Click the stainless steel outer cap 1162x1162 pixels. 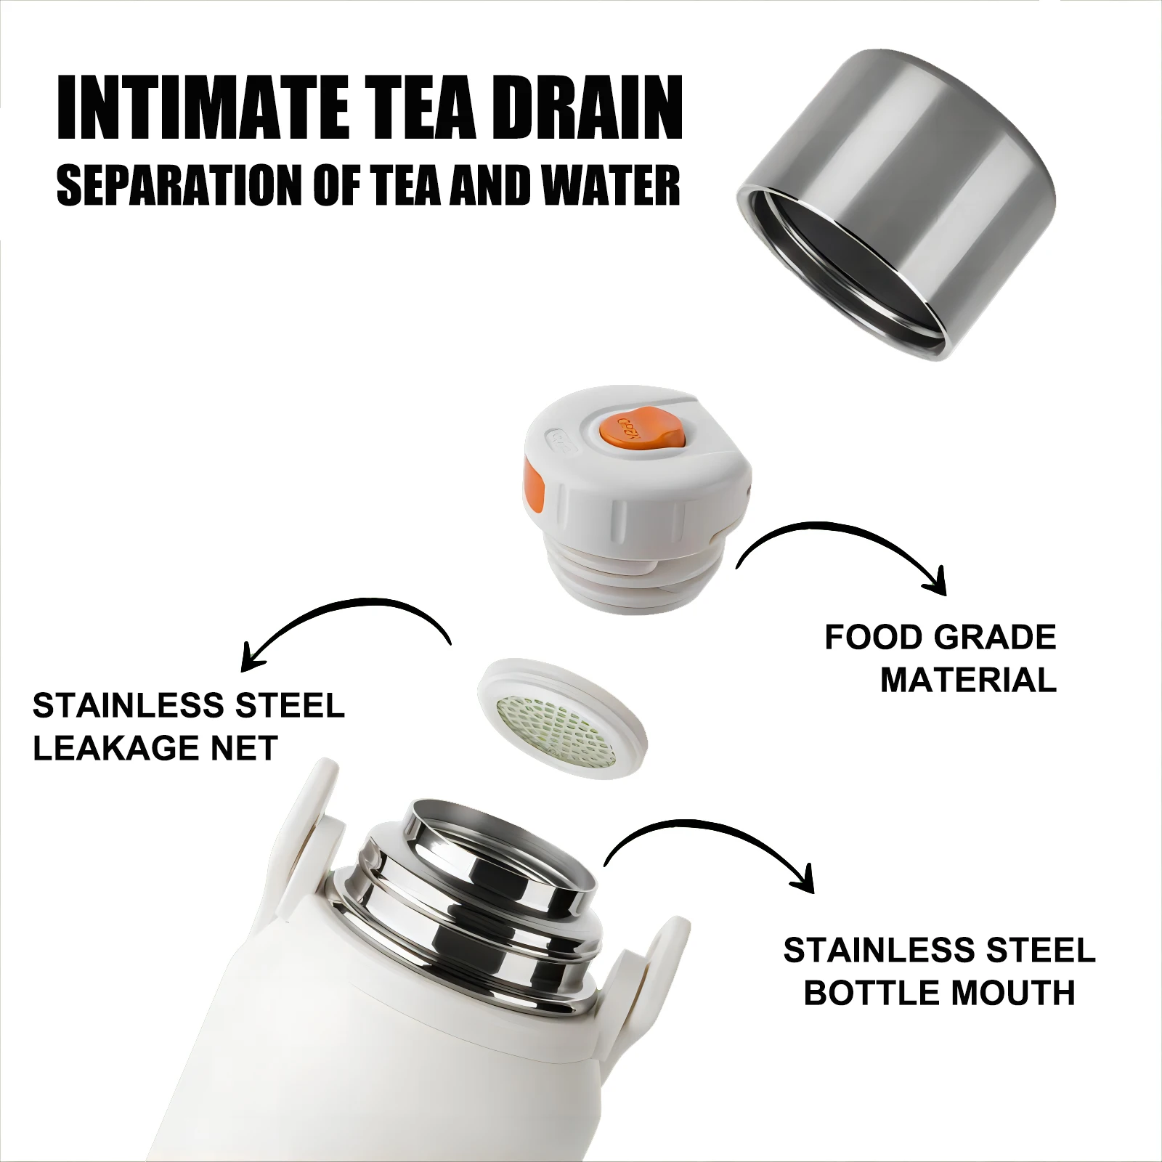(898, 196)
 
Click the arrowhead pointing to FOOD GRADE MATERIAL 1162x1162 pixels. (937, 581)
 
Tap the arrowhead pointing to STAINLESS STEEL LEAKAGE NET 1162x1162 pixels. (251, 658)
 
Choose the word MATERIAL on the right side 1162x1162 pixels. (967, 680)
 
